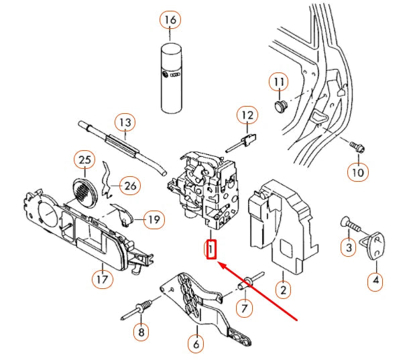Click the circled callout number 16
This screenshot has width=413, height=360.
click(170, 20)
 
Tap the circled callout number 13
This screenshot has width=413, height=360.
click(124, 123)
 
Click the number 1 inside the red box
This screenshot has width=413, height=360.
click(211, 250)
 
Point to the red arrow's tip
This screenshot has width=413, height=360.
click(219, 263)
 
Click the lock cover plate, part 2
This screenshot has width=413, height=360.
click(280, 225)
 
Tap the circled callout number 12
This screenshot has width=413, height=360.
click(247, 115)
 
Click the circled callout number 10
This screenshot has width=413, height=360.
click(358, 172)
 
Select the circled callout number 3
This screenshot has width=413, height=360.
click(348, 248)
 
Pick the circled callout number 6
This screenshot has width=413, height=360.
click(196, 345)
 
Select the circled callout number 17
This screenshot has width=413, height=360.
click(102, 278)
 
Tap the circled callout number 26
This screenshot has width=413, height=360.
click(130, 185)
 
